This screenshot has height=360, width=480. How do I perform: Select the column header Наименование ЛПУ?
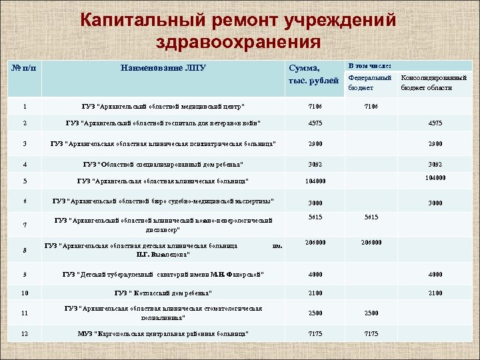(163, 68)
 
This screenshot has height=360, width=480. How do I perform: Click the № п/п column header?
(25, 69)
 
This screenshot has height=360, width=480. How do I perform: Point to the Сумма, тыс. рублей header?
(305, 74)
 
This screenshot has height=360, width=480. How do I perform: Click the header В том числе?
(371, 65)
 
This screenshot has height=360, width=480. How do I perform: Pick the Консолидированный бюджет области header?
(433, 83)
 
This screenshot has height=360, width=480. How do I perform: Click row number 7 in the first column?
(25, 225)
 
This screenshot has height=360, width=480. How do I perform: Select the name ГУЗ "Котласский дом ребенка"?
(163, 293)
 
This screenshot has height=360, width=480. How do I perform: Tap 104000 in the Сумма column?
(315, 181)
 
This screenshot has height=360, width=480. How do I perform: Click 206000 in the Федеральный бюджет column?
(371, 243)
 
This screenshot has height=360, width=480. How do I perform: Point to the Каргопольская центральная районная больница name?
(163, 333)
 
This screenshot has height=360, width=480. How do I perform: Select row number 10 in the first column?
(25, 293)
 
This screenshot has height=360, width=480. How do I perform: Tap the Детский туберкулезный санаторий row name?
(163, 274)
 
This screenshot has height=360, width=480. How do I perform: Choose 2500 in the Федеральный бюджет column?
(371, 313)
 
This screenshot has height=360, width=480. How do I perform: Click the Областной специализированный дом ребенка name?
(163, 164)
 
